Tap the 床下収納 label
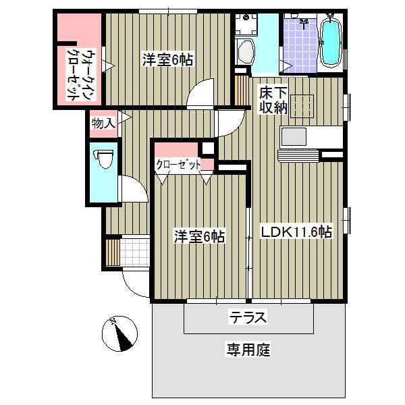pyautogui.click(x=273, y=99)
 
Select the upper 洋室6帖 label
pyautogui.click(x=167, y=60)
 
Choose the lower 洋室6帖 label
pyautogui.click(x=200, y=236)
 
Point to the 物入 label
pyautogui.click(x=103, y=123)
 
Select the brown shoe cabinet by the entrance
pyautogui.click(x=112, y=251)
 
